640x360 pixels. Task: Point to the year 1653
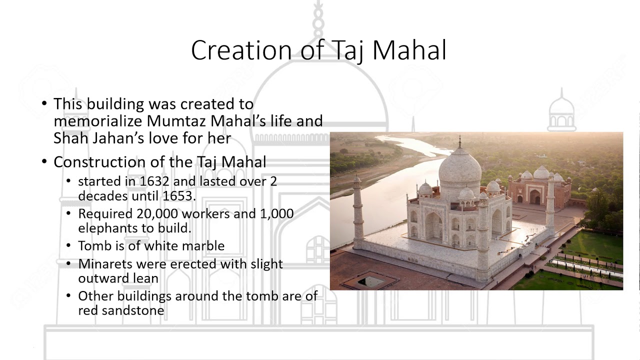point(178,196)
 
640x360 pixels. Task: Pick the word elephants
point(104,228)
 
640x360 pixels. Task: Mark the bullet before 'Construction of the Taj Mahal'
point(45,162)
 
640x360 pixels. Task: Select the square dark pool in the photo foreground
point(370,281)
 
